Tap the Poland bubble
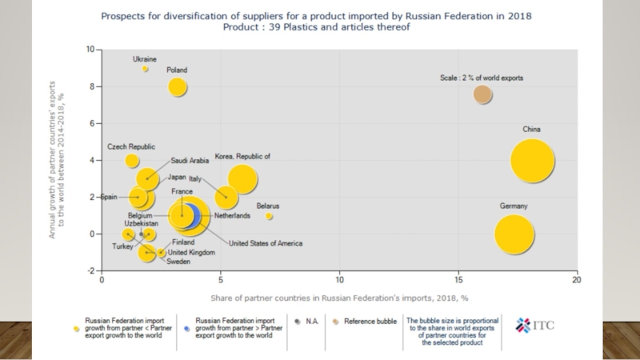coord(178,86)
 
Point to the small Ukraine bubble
coord(146,70)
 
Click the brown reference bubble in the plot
coord(482,94)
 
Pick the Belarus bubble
coord(270,216)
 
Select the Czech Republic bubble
coord(132,161)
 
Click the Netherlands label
coord(233,216)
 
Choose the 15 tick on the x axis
coord(458,281)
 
